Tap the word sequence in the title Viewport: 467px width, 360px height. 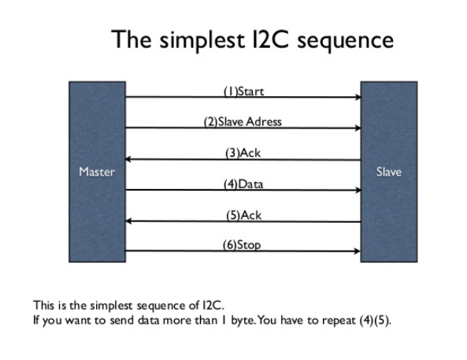click(346, 41)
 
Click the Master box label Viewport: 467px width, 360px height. click(97, 172)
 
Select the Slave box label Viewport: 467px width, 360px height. click(389, 172)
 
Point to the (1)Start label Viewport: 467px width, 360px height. click(243, 91)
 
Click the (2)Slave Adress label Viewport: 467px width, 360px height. click(243, 122)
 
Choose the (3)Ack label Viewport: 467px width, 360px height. click(243, 153)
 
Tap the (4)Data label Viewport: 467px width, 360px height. click(243, 184)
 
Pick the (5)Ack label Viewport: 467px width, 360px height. click(243, 215)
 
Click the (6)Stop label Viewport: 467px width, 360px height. click(242, 245)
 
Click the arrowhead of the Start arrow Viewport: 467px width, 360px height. click(358, 97)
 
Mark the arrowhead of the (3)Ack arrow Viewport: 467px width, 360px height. click(128, 159)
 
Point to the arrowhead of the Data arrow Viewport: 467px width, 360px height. click(358, 190)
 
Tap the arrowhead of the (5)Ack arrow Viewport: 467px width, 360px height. click(128, 221)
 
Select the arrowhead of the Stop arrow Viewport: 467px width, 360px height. click(358, 251)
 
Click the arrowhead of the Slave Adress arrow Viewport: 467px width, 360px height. click(358, 128)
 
